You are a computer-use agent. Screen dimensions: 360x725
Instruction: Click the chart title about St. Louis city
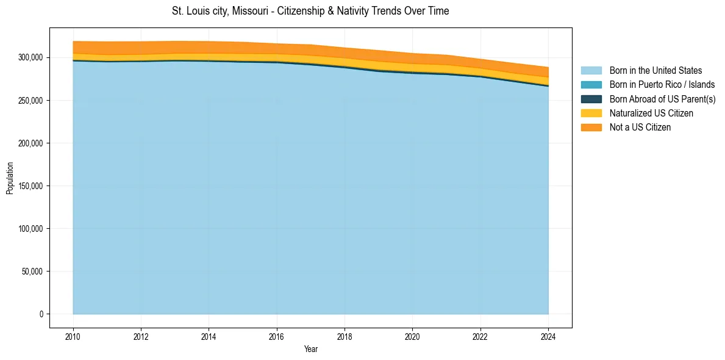pyautogui.click(x=310, y=11)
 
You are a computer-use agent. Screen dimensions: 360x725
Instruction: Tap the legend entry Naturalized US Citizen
pyautogui.click(x=651, y=113)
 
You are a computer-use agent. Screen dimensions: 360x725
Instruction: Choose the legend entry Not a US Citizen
pyautogui.click(x=640, y=127)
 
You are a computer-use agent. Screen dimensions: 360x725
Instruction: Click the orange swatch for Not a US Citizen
pyautogui.click(x=591, y=127)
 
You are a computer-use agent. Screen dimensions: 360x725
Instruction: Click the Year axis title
pyautogui.click(x=310, y=349)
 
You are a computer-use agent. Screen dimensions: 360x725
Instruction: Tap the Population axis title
pyautogui.click(x=10, y=178)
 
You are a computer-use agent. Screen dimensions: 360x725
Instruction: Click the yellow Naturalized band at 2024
pyautogui.click(x=547, y=81)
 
